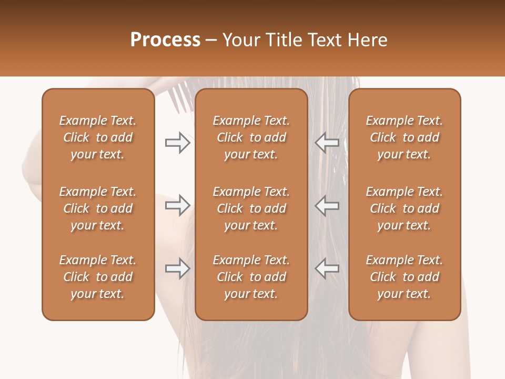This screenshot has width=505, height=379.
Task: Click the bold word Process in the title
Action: point(165,40)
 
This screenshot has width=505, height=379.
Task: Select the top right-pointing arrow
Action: point(177,143)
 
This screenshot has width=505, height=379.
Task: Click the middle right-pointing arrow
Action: point(177,205)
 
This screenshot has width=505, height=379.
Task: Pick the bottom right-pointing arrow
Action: point(177,268)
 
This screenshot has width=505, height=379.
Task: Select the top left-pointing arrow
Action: point(327,143)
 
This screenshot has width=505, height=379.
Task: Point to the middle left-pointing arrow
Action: point(327,205)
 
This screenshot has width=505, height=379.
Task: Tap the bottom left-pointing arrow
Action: point(327,268)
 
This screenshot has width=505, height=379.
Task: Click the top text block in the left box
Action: point(98,137)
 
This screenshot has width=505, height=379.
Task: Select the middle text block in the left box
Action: point(98,208)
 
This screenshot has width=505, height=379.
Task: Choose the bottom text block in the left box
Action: point(98,277)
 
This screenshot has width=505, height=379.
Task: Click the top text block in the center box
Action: point(251,137)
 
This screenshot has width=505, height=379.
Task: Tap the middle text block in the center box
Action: point(251,208)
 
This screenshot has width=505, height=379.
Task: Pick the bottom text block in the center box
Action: point(251,277)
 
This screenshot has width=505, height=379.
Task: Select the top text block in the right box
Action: point(404,137)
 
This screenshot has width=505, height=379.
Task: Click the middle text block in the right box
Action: point(404,208)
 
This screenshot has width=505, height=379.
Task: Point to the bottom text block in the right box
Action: point(404,277)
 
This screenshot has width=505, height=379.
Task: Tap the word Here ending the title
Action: point(367,40)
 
